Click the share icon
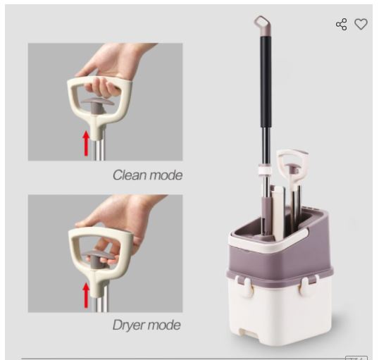(x=342, y=25)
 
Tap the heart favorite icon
(x=361, y=25)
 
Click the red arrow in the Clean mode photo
(x=87, y=142)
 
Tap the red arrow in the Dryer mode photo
(x=87, y=294)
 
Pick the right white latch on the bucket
(x=308, y=285)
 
